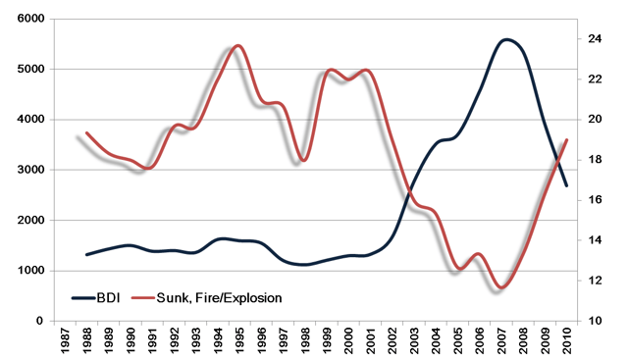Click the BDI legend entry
[x=96, y=298]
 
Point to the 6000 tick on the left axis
[x=30, y=19]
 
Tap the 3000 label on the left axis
[x=30, y=170]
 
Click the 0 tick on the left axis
[x=39, y=321]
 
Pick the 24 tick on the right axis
[x=595, y=39]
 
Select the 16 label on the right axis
[x=595, y=200]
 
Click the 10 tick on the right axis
[x=595, y=321]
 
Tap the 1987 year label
[x=65, y=340]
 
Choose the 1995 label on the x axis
[x=239, y=340]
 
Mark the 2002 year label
[x=392, y=340]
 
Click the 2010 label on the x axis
[x=567, y=340]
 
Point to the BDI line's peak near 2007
[x=506, y=39]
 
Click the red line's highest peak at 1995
[x=238, y=46]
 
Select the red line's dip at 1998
[x=303, y=160]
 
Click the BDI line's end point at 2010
[x=567, y=185]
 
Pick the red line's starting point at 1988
[x=87, y=132]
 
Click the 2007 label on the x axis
[x=501, y=340]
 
